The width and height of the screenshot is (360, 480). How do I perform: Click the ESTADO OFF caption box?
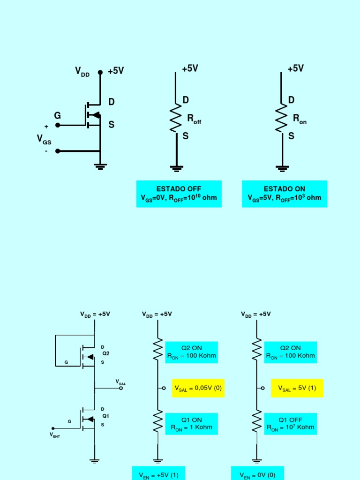[x=179, y=193]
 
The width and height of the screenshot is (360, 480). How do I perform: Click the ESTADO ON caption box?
[x=284, y=193]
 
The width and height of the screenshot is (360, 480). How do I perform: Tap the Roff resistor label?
[x=194, y=119]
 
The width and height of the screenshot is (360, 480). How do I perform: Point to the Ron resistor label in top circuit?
[x=300, y=119]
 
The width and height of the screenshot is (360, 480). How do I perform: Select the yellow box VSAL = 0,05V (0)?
[x=198, y=388]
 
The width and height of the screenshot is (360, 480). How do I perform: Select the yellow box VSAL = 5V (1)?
[x=297, y=388]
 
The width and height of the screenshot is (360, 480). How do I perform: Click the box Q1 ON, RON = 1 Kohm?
[x=191, y=423]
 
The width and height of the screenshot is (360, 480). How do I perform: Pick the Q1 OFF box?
[x=290, y=423]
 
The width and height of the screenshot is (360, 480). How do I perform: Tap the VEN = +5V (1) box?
[x=158, y=474]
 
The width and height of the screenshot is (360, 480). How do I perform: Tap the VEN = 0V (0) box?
[x=257, y=474]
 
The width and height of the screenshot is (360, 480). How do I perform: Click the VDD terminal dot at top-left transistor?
[x=100, y=72]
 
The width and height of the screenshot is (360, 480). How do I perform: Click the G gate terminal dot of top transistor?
[x=58, y=125]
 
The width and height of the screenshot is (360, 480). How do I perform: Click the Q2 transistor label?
[x=105, y=353]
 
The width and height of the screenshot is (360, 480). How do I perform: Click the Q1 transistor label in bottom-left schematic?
[x=105, y=416]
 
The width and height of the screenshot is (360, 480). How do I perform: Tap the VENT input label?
[x=55, y=435]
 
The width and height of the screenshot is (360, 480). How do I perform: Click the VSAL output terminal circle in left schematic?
[x=121, y=388]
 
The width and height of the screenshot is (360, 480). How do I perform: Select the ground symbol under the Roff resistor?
[x=177, y=167]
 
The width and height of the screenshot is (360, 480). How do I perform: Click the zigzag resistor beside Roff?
[x=176, y=118]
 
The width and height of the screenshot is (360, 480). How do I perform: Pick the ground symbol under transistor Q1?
[x=95, y=461]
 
